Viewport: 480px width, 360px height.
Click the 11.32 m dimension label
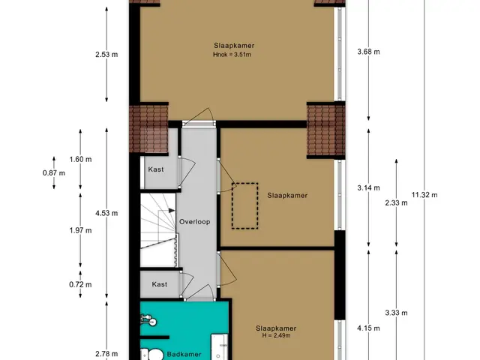coord(424,195)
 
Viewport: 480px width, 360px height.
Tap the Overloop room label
coord(195,222)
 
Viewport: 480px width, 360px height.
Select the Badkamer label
coord(184,355)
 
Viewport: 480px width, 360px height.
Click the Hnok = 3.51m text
coord(232,55)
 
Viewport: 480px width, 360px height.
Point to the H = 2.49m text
coord(276,335)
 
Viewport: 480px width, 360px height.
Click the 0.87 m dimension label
coord(54,173)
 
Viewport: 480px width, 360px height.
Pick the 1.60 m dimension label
coord(80,159)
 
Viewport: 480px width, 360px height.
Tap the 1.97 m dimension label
coord(80,230)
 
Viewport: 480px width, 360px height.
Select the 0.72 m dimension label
coord(80,284)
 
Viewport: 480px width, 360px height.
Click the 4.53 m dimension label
coord(106,213)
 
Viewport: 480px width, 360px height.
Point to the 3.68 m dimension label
coord(368,52)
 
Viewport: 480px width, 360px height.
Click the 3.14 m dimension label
coord(368,187)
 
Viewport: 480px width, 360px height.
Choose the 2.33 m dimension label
coord(397,202)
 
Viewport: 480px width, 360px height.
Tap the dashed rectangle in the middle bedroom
coord(245,183)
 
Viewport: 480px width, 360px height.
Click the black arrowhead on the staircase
coord(172,211)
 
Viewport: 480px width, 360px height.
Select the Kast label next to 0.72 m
coord(160,284)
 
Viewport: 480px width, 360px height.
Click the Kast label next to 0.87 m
coord(156,169)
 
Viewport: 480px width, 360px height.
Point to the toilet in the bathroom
coord(152,354)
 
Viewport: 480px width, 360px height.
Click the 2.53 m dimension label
coord(106,55)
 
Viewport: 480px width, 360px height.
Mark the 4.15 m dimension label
coord(368,328)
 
